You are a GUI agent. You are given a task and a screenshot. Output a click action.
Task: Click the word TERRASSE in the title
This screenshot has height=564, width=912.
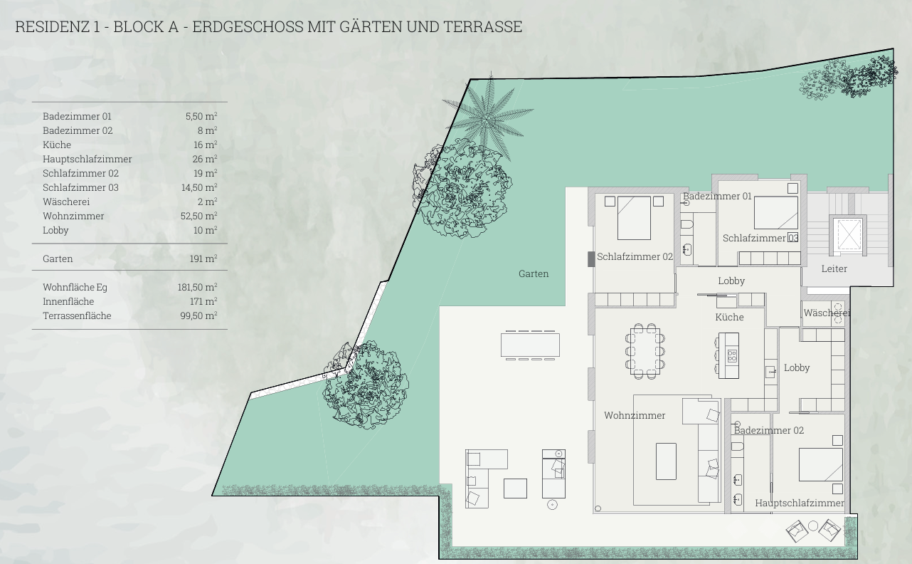click(482, 27)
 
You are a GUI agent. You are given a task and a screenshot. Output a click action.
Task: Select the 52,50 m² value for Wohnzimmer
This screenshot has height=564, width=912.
click(198, 216)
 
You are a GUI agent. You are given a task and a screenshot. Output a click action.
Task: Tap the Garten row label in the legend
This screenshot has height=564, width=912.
click(58, 258)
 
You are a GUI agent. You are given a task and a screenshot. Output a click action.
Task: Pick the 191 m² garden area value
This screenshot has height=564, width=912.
click(203, 258)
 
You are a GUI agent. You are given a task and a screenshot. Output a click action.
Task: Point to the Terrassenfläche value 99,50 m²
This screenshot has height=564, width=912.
click(198, 315)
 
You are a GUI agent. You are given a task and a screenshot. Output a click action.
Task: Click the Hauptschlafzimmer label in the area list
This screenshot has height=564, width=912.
click(87, 159)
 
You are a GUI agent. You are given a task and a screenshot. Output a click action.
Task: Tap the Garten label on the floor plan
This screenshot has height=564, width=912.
click(534, 274)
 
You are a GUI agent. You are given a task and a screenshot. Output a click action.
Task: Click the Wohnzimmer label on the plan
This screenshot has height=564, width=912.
click(635, 415)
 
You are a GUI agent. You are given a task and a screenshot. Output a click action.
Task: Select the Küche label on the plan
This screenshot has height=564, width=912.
click(729, 317)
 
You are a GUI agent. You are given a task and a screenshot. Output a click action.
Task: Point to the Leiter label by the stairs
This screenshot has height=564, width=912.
click(834, 268)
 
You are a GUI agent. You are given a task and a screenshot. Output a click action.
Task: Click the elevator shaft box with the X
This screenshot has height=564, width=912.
click(847, 234)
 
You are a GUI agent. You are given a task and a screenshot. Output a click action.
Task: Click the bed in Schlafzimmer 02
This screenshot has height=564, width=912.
click(634, 218)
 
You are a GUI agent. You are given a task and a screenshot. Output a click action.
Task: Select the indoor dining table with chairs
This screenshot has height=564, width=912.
click(645, 351)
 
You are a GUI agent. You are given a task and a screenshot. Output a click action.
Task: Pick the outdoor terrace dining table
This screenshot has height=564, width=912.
click(530, 345)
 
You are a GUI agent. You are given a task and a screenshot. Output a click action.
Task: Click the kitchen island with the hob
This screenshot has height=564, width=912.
click(728, 355)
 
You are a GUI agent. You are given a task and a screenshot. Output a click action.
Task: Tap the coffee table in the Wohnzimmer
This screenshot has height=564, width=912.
click(666, 461)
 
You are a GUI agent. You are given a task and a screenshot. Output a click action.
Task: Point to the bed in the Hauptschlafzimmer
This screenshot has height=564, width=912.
click(821, 464)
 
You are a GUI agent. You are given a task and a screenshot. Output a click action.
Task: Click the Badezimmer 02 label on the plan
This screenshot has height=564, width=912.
click(769, 430)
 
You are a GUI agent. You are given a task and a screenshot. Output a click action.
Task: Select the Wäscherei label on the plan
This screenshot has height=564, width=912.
click(827, 313)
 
